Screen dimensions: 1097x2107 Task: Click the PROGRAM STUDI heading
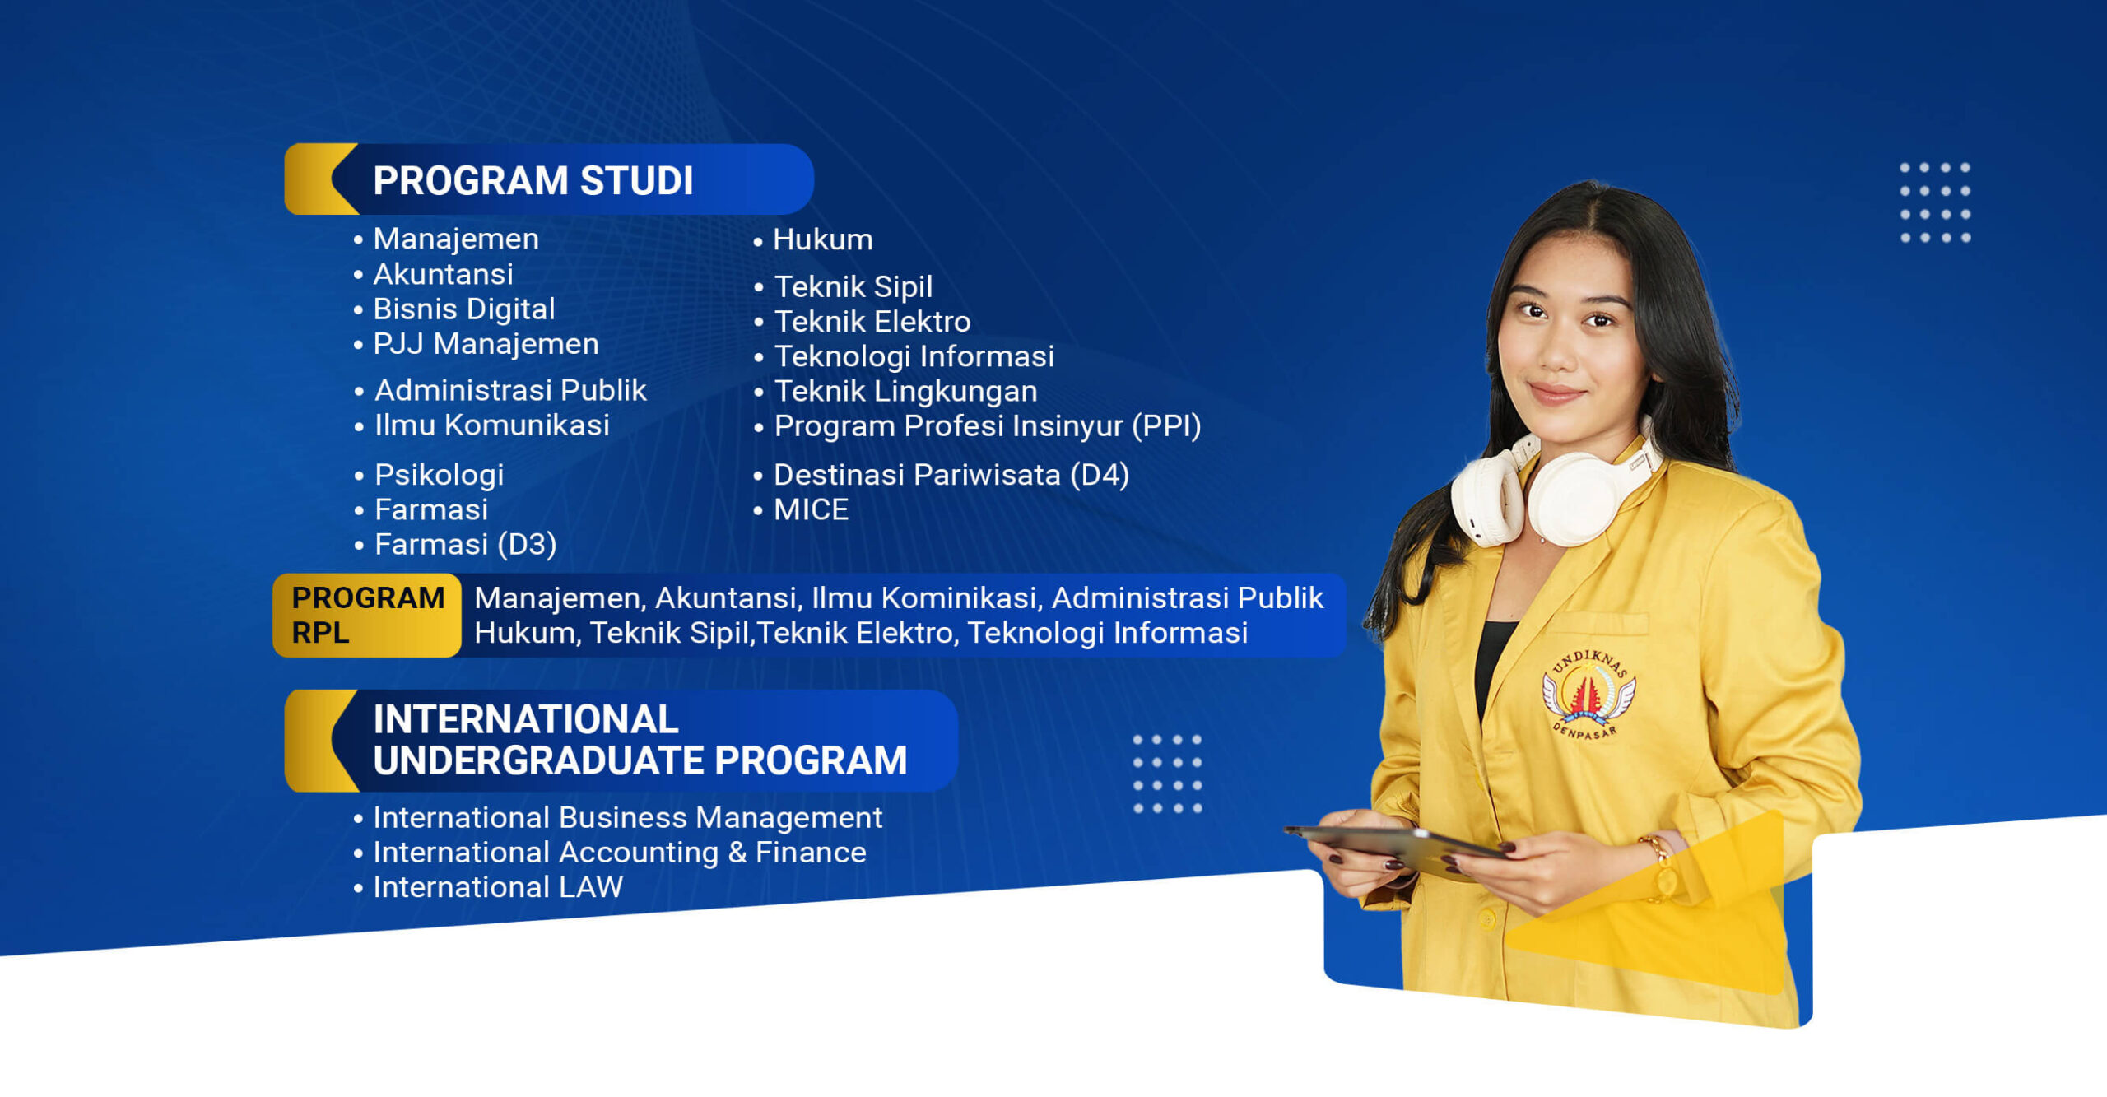click(533, 180)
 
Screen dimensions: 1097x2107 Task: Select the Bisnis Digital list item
click(463, 309)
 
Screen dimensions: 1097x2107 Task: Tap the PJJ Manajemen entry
click(486, 343)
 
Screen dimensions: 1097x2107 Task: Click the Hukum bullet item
click(822, 239)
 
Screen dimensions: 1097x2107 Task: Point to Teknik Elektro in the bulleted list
click(872, 321)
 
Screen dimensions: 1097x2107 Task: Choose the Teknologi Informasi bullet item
click(914, 356)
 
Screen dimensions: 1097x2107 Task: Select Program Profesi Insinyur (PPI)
click(987, 425)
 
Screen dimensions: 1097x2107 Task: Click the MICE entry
click(811, 509)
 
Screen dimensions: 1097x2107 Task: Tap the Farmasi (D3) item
click(465, 544)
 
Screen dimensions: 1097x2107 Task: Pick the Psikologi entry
click(439, 475)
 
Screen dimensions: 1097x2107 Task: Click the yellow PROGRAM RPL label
click(367, 615)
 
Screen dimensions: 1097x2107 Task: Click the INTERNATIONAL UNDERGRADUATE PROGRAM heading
click(639, 740)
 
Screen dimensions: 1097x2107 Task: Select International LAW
click(497, 887)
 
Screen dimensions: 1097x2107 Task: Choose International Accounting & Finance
click(619, 853)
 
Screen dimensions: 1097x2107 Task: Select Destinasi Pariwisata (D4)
click(951, 475)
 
